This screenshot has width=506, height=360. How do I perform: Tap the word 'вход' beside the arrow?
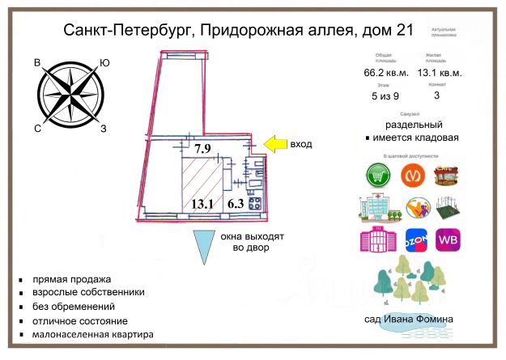pyautogui.click(x=301, y=144)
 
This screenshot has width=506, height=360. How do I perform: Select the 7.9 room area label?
pyautogui.click(x=202, y=148)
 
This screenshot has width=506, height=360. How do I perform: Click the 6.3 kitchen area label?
pyautogui.click(x=236, y=205)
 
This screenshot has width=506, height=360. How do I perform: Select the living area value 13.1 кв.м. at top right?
pyautogui.click(x=440, y=72)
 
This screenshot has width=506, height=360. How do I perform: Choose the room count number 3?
pyautogui.click(x=437, y=95)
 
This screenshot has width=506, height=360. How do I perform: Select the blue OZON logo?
pyautogui.click(x=413, y=240)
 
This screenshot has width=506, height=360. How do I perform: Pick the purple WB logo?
pyautogui.click(x=449, y=240)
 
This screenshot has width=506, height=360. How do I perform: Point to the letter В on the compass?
pyautogui.click(x=37, y=63)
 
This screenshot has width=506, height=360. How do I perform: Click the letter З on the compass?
pyautogui.click(x=103, y=128)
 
